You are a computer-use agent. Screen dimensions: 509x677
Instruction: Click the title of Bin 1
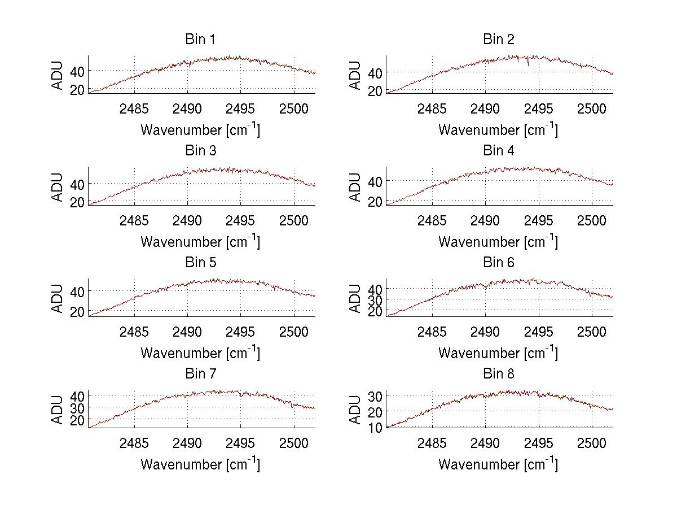[200, 40]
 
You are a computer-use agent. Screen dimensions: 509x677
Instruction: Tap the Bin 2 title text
[498, 40]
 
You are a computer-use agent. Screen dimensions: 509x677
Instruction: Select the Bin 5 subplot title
[200, 263]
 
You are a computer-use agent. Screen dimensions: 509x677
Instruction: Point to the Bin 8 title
[498, 374]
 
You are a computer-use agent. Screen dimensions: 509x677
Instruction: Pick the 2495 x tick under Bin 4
[539, 220]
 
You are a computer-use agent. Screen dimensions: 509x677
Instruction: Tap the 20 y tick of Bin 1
[78, 89]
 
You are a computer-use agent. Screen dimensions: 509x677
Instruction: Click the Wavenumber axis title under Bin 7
[200, 464]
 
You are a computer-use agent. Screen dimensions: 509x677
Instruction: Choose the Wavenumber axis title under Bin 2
[498, 130]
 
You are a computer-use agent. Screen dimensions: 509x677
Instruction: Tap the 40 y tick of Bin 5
[78, 290]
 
